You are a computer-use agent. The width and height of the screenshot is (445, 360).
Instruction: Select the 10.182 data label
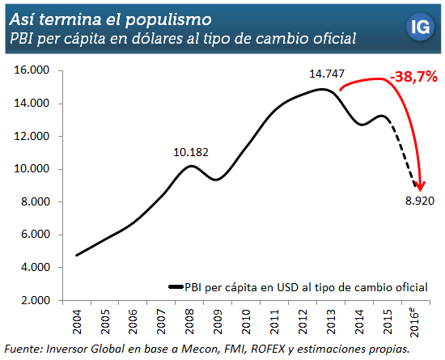(190, 150)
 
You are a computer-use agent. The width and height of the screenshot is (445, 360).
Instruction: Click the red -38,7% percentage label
(414, 78)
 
